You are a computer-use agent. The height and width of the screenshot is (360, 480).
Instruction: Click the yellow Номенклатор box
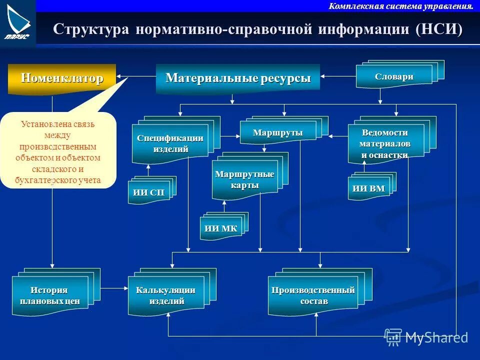click(x=62, y=78)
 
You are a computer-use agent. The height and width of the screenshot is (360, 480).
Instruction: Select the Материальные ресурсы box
click(x=238, y=78)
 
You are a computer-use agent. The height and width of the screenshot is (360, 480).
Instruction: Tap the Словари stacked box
click(x=394, y=77)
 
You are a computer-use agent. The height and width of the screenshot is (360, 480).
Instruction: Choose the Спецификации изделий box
click(x=170, y=143)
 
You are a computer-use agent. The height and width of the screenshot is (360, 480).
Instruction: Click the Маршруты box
click(x=277, y=133)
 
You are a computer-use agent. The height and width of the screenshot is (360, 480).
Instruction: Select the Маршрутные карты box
click(x=244, y=179)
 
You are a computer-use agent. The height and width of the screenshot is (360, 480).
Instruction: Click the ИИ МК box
click(x=220, y=229)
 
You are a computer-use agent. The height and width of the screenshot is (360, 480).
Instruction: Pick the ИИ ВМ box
click(x=368, y=189)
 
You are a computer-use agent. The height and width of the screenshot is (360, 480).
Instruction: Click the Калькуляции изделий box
click(x=165, y=295)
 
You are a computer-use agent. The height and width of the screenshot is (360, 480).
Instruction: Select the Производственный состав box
click(x=313, y=295)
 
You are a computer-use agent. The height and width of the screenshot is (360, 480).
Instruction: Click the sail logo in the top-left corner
click(x=18, y=22)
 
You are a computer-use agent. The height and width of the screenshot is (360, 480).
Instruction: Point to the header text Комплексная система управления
click(x=401, y=6)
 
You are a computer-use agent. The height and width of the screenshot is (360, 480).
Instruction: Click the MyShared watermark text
click(x=436, y=337)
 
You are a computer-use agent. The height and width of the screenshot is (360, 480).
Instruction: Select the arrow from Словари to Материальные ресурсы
click(x=338, y=76)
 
